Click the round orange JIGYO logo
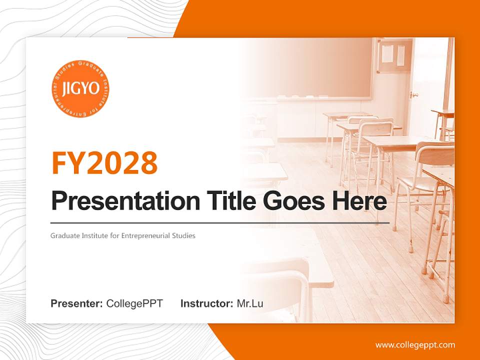tap(80, 89)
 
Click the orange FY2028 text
tap(104, 162)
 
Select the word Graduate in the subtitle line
tap(64, 235)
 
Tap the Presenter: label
tap(76, 303)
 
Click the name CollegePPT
tap(134, 303)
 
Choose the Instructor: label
tap(206, 303)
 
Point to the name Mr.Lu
tap(250, 303)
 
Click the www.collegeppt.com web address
tap(415, 344)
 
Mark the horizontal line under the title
tap(220, 222)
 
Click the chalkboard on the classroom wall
tap(320, 70)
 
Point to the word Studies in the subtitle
tap(183, 235)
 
